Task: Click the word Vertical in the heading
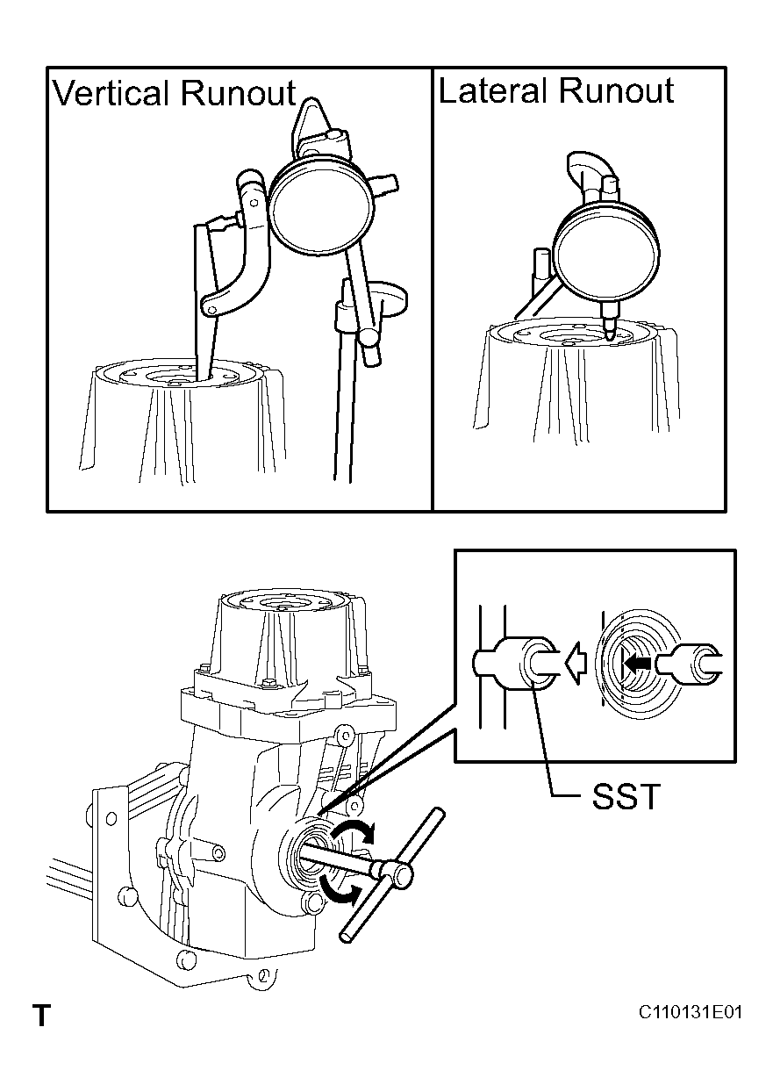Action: pyautogui.click(x=111, y=93)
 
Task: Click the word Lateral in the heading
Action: pyautogui.click(x=493, y=90)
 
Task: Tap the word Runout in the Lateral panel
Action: pyautogui.click(x=616, y=90)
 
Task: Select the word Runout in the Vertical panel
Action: pyautogui.click(x=239, y=93)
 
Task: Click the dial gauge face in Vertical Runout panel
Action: pyautogui.click(x=322, y=206)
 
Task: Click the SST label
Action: pyautogui.click(x=626, y=797)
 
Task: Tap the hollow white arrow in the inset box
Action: pyautogui.click(x=576, y=663)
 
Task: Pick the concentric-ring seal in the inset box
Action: pyautogui.click(x=633, y=663)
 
